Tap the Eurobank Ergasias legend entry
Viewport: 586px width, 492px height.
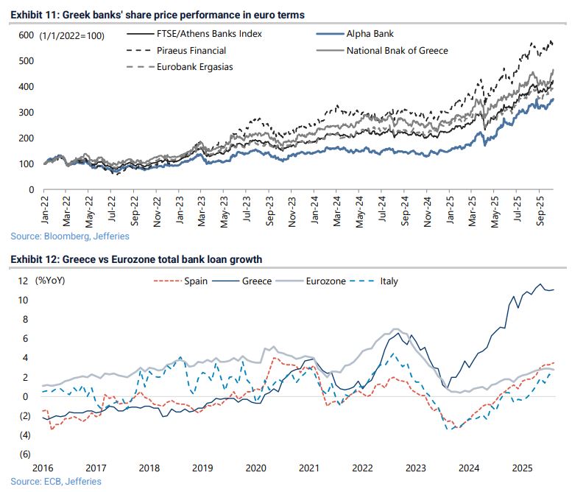coord(192,68)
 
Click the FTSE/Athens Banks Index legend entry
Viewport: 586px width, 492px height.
coord(205,34)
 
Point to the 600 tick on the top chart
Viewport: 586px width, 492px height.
coord(26,35)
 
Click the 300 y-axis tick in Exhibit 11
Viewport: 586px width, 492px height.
coord(26,112)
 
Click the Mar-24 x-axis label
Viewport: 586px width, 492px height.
coord(336,214)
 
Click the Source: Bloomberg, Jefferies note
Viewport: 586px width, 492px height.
coord(70,236)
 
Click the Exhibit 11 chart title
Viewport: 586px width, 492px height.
coord(158,15)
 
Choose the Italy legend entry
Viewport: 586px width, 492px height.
coord(388,281)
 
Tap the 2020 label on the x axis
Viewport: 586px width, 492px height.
coord(256,468)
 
